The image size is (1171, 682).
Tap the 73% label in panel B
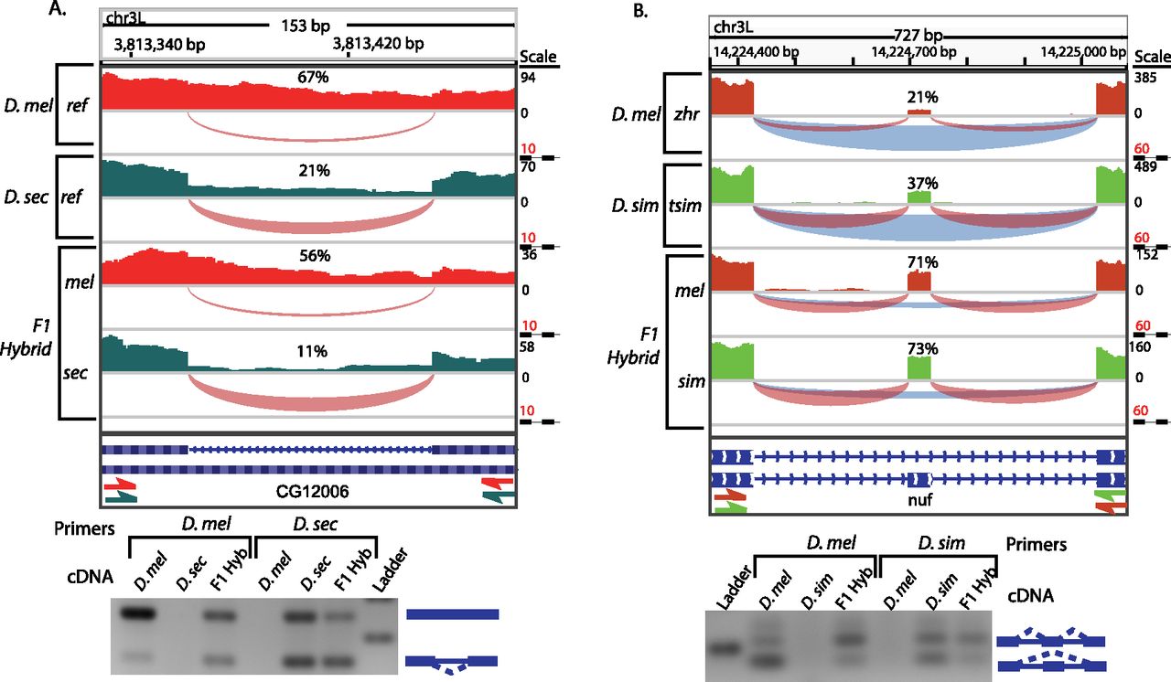click(x=919, y=349)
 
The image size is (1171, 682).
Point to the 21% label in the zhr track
click(x=919, y=97)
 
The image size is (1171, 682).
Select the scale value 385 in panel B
click(x=1145, y=79)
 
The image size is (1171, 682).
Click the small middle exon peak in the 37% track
click(x=919, y=197)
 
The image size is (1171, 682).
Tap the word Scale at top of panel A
click(x=537, y=56)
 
